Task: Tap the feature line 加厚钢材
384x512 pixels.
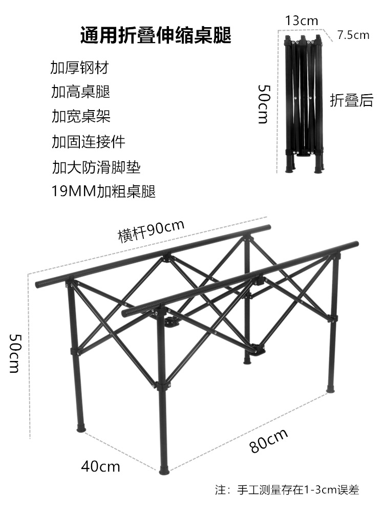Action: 80,68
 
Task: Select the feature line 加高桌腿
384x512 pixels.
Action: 81,92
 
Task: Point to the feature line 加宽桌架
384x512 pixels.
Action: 81,116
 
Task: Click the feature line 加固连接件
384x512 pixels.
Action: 88,141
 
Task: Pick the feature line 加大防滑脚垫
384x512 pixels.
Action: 96,166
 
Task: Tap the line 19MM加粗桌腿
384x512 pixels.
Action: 103,191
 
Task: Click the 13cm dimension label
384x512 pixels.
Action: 302,20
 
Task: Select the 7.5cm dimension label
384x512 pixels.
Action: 353,35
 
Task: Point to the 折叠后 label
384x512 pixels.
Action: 351,100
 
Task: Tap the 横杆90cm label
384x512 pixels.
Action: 151,231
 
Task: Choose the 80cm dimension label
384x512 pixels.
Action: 269,440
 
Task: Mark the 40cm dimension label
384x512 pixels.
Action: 100,466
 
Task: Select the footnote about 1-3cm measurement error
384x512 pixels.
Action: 287,490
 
